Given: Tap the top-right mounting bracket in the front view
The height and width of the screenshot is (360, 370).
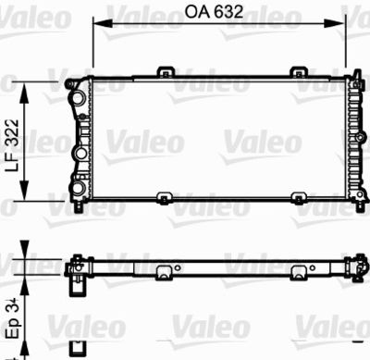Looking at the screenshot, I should pos(299,72).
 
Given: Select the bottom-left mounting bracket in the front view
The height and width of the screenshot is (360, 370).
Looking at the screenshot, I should pos(164,197).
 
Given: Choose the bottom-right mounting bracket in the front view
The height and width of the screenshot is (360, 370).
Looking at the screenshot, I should pos(299,197).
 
